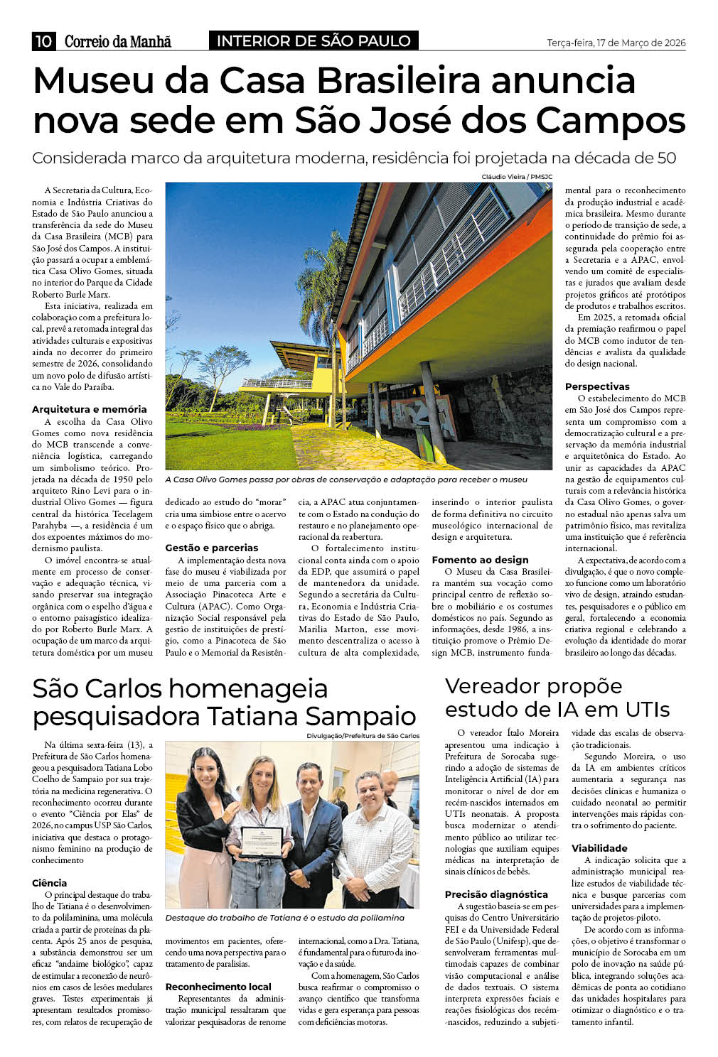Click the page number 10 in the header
click(x=43, y=41)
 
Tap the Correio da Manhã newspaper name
click(x=117, y=42)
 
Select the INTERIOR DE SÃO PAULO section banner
click(x=314, y=41)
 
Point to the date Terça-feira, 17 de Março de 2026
click(x=616, y=43)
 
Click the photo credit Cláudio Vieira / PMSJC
click(x=516, y=177)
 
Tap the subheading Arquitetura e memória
click(x=89, y=409)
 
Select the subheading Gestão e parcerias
click(x=211, y=548)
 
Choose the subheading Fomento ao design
click(x=480, y=560)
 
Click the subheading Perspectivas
click(x=597, y=386)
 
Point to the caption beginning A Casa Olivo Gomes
click(x=345, y=479)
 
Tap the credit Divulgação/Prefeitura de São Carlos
click(x=363, y=736)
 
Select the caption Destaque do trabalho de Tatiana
click(x=284, y=918)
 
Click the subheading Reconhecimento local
click(x=218, y=987)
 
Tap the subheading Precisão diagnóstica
click(x=496, y=894)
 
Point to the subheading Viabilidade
click(x=599, y=848)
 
